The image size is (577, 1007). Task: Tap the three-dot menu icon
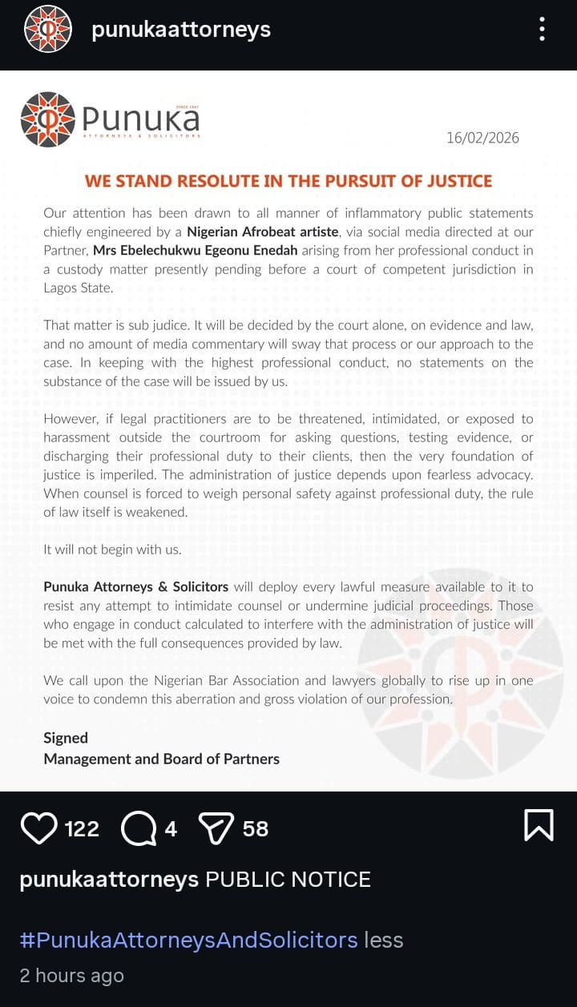coord(543,30)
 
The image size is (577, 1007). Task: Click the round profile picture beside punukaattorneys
coord(48,30)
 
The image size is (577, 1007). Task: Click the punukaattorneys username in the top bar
coord(181,30)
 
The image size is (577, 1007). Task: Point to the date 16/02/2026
coord(482,138)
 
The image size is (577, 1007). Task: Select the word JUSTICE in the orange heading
coord(462,180)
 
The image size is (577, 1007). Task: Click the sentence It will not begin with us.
coord(111,550)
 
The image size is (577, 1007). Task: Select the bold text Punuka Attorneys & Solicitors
coord(136,587)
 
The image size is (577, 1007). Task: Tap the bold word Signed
coord(66,738)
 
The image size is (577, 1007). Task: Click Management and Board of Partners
coord(161,759)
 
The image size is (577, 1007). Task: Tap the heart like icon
coord(38,828)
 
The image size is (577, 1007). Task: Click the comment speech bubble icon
coord(138,828)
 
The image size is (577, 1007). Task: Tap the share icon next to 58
coord(216,828)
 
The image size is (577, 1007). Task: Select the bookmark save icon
coord(539,825)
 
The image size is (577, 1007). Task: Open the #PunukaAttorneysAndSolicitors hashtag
coord(188,939)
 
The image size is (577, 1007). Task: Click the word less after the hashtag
coord(384,939)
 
